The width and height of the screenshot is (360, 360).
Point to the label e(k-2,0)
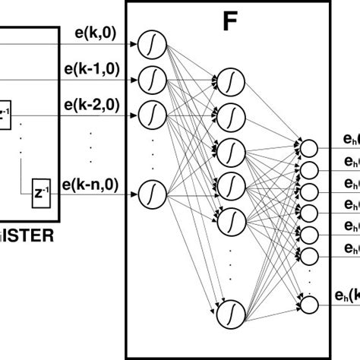click(x=92, y=103)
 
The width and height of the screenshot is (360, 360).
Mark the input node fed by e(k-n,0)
click(x=152, y=194)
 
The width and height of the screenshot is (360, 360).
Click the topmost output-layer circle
click(x=309, y=147)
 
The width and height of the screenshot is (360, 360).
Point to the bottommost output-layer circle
click(x=309, y=305)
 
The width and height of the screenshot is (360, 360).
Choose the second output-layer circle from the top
click(x=309, y=169)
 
